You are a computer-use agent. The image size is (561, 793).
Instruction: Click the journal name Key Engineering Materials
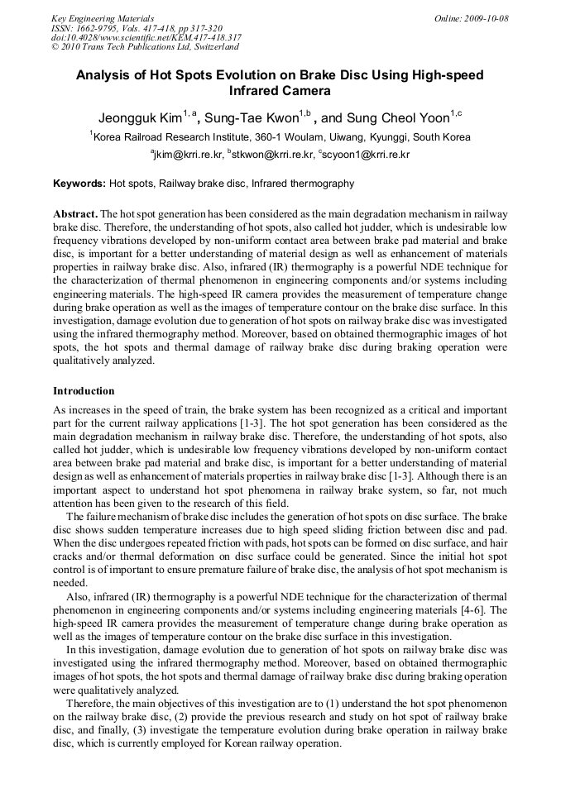(102, 18)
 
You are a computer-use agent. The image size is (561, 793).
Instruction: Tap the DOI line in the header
(146, 37)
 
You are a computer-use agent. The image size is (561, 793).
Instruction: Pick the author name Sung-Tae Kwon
(252, 117)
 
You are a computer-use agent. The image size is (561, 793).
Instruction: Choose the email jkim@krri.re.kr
(188, 155)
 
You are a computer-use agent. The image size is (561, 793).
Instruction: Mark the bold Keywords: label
(79, 184)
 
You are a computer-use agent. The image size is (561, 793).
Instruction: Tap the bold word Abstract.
(75, 213)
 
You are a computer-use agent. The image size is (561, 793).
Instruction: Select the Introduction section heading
(84, 390)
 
